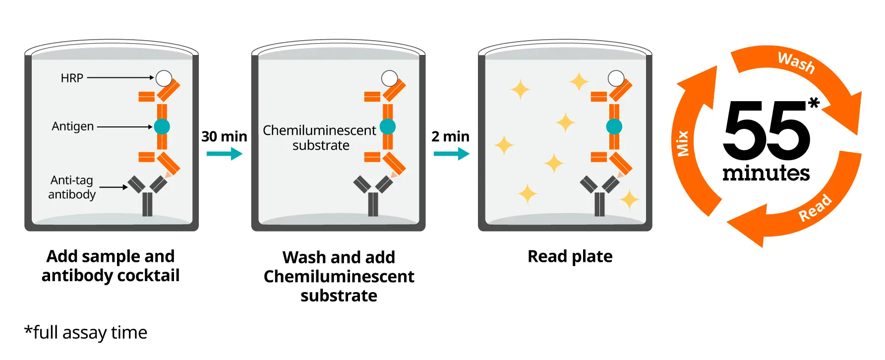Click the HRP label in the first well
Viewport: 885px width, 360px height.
[72, 78]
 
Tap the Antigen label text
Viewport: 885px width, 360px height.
[73, 126]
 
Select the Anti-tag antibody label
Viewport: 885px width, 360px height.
[72, 187]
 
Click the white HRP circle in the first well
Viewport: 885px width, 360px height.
[164, 78]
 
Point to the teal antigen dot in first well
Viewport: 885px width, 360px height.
[162, 126]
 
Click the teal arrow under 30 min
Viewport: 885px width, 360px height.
[224, 154]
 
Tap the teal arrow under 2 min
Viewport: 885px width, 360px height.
[451, 154]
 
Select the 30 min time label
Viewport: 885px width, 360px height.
[224, 136]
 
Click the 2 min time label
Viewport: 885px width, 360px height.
[450, 136]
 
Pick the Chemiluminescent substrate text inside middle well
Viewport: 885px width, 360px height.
[320, 137]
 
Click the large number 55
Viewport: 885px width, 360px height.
[767, 130]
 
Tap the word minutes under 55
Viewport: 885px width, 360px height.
[766, 173]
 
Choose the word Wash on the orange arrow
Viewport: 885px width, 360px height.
[796, 62]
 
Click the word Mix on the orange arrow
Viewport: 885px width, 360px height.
[683, 143]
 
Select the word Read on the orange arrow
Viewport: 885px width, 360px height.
[815, 208]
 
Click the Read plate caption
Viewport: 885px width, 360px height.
[570, 256]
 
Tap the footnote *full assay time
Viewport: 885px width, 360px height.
[86, 332]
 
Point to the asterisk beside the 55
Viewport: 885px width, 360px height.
[814, 103]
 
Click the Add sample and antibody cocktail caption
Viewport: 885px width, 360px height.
[111, 266]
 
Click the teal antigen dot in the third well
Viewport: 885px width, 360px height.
[614, 126]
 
